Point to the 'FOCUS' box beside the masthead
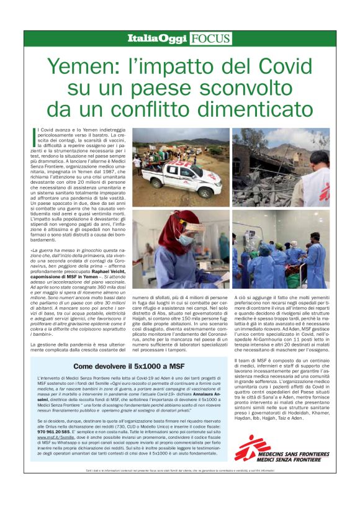click(x=211, y=39)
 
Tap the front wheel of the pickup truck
click(x=156, y=187)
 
